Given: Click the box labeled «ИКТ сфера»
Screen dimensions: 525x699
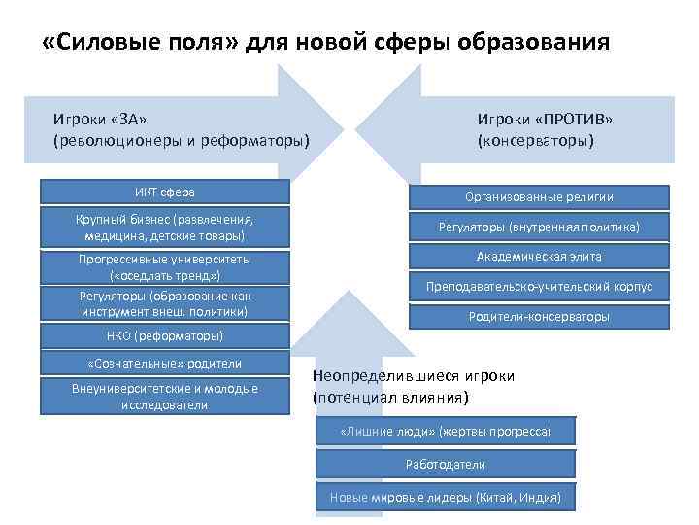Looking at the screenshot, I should click(164, 192).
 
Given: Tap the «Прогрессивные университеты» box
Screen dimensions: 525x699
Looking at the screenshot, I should click(164, 267).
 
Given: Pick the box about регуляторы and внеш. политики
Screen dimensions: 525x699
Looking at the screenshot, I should click(164, 304).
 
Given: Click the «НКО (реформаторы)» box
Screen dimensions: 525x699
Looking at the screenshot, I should click(164, 336).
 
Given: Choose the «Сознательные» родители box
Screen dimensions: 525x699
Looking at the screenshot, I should click(164, 364).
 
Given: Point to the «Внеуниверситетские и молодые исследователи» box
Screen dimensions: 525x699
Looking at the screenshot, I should click(164, 396).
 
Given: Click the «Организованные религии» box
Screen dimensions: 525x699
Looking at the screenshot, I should click(539, 197).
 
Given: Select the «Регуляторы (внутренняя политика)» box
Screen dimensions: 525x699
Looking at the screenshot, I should click(539, 227).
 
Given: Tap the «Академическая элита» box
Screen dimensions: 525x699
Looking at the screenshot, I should click(539, 257).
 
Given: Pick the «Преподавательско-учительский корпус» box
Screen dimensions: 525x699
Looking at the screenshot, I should click(539, 287).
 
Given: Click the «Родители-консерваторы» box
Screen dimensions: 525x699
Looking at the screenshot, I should click(539, 317).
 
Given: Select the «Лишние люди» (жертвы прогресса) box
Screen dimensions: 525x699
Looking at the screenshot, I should click(446, 431).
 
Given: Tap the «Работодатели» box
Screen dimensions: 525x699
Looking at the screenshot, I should click(446, 465).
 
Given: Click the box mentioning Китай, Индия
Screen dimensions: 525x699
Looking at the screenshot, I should click(446, 498).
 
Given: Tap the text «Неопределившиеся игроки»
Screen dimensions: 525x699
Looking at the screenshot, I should click(413, 377).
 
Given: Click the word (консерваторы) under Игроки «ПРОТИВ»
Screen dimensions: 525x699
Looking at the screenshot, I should click(534, 141).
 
